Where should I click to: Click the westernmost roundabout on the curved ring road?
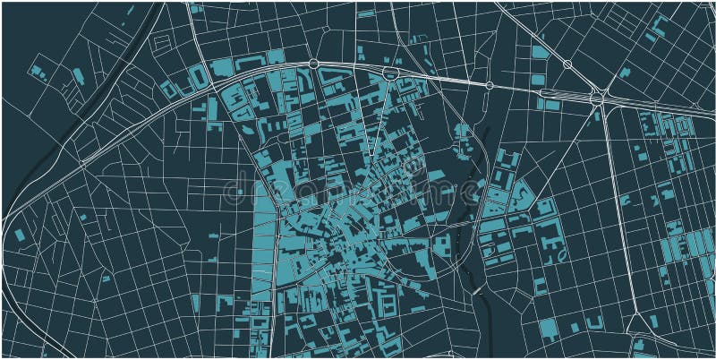[x=312, y=64]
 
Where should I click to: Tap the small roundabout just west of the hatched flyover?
[x=490, y=85]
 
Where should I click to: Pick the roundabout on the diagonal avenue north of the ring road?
[x=567, y=64]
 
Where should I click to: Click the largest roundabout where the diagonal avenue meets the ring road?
[x=598, y=97]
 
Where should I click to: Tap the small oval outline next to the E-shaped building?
[x=562, y=255]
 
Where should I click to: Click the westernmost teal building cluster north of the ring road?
[x=38, y=71]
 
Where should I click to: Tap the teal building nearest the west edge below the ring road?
[x=20, y=235]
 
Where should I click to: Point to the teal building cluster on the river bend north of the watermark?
[x=462, y=143]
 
